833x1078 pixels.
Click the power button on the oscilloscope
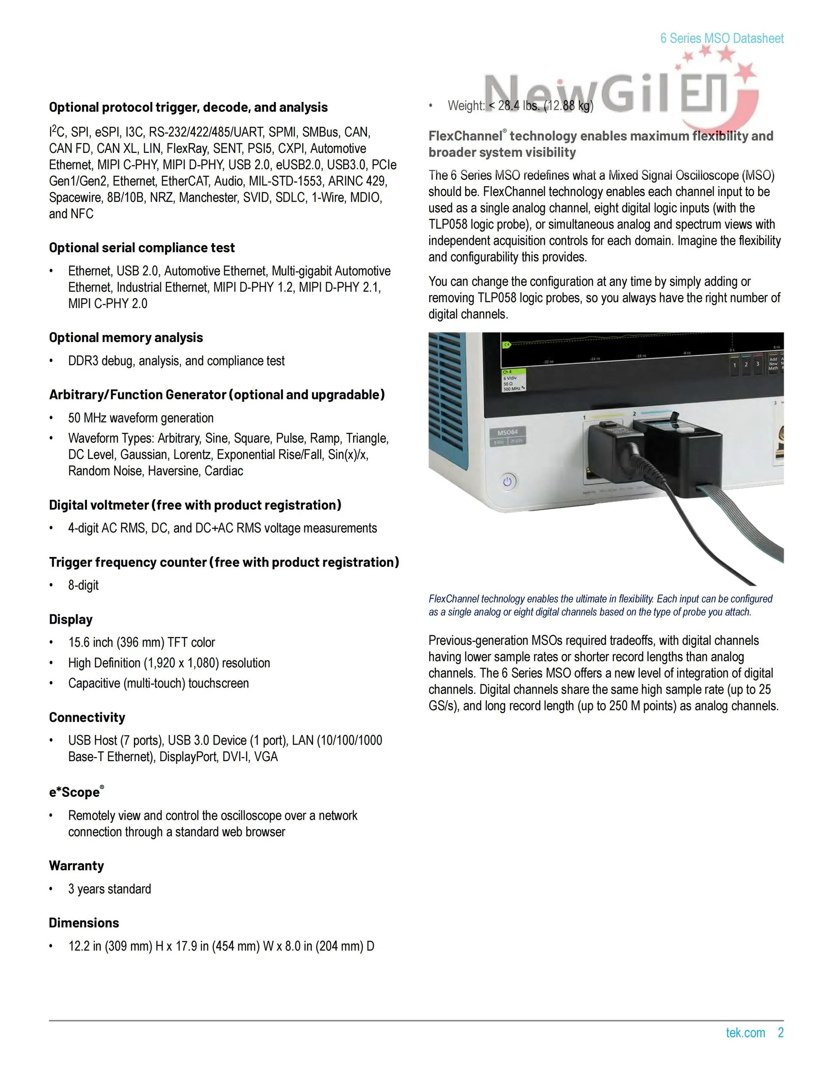pyautogui.click(x=507, y=481)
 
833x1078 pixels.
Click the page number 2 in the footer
pyautogui.click(x=781, y=1033)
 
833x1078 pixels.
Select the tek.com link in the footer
pyautogui.click(x=745, y=1033)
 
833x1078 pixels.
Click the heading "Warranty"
pyautogui.click(x=77, y=866)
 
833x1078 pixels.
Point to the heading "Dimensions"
pyautogui.click(x=84, y=923)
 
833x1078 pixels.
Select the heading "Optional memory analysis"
pyautogui.click(x=126, y=338)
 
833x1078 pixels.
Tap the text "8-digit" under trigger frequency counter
pyautogui.click(x=83, y=585)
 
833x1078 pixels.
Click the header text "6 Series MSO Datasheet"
pyautogui.click(x=721, y=39)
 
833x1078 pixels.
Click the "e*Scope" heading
pyautogui.click(x=75, y=792)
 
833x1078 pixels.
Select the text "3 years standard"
pyautogui.click(x=110, y=889)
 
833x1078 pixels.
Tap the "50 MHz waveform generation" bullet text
pyautogui.click(x=141, y=418)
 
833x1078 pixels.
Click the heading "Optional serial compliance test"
pyautogui.click(x=142, y=248)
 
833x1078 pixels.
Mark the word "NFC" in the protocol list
pyautogui.click(x=82, y=214)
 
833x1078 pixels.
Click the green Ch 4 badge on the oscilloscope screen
pyautogui.click(x=507, y=372)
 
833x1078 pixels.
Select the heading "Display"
pyautogui.click(x=71, y=619)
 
